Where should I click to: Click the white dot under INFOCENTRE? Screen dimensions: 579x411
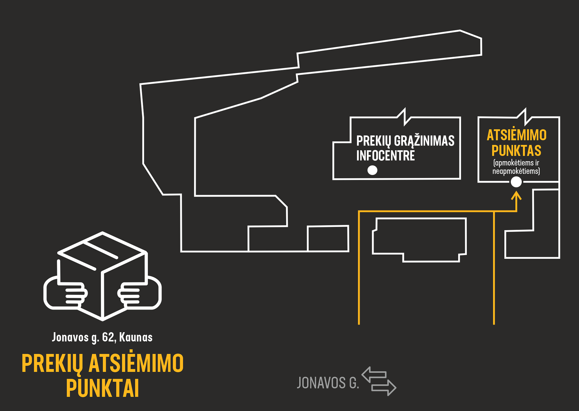(372, 170)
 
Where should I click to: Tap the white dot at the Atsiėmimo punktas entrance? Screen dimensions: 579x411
(516, 182)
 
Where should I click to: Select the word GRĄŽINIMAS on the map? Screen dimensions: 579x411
(424, 141)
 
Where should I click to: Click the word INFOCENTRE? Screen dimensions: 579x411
(386, 156)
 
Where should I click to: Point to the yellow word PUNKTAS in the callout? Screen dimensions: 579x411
(516, 151)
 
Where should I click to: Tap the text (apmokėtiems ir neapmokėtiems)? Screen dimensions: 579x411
(516, 167)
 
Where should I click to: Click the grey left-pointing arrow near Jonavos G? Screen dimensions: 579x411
(374, 374)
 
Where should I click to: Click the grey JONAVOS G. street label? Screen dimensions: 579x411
(328, 383)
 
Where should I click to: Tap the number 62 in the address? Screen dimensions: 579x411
(108, 337)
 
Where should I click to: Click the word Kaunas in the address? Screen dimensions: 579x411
(136, 337)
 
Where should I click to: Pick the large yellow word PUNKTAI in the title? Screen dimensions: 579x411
(102, 388)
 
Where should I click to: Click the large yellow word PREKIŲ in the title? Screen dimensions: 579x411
(52, 363)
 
